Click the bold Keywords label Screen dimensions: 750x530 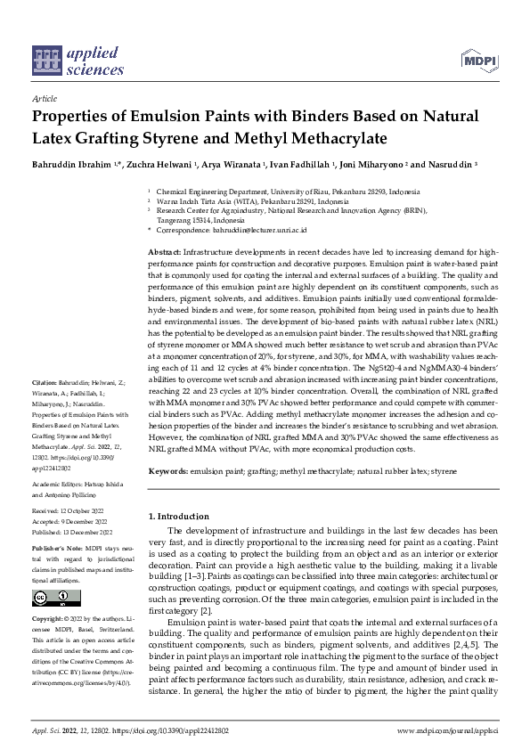tap(167, 470)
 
